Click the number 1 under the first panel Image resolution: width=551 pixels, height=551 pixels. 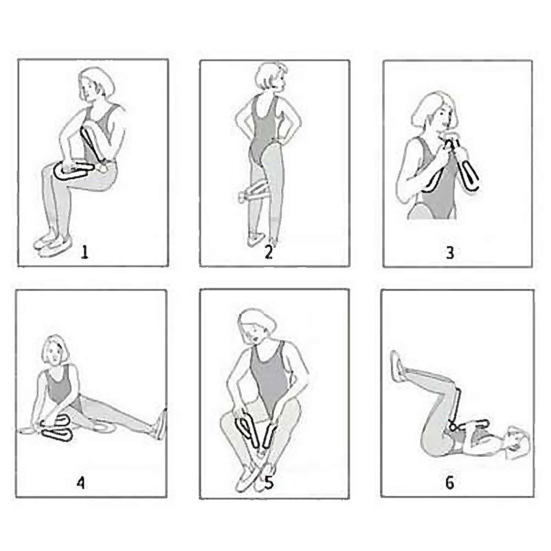click(84, 252)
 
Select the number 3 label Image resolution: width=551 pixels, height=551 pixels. click(450, 252)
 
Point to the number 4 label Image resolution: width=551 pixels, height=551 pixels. click(81, 483)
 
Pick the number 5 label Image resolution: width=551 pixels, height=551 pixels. click(269, 482)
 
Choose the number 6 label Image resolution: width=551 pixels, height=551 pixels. click(450, 482)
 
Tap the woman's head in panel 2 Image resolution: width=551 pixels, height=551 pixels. click(271, 76)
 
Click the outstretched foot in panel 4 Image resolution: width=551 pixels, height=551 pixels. click(161, 424)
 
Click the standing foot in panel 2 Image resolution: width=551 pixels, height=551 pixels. click(256, 239)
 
